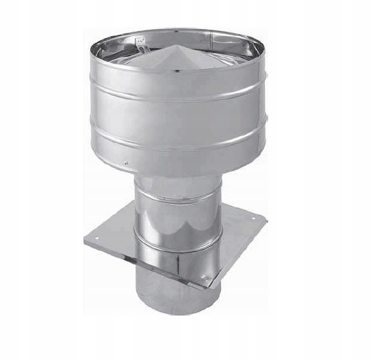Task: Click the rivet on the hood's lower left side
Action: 126,163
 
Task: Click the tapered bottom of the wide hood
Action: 177,169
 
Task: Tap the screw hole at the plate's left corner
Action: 96,238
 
